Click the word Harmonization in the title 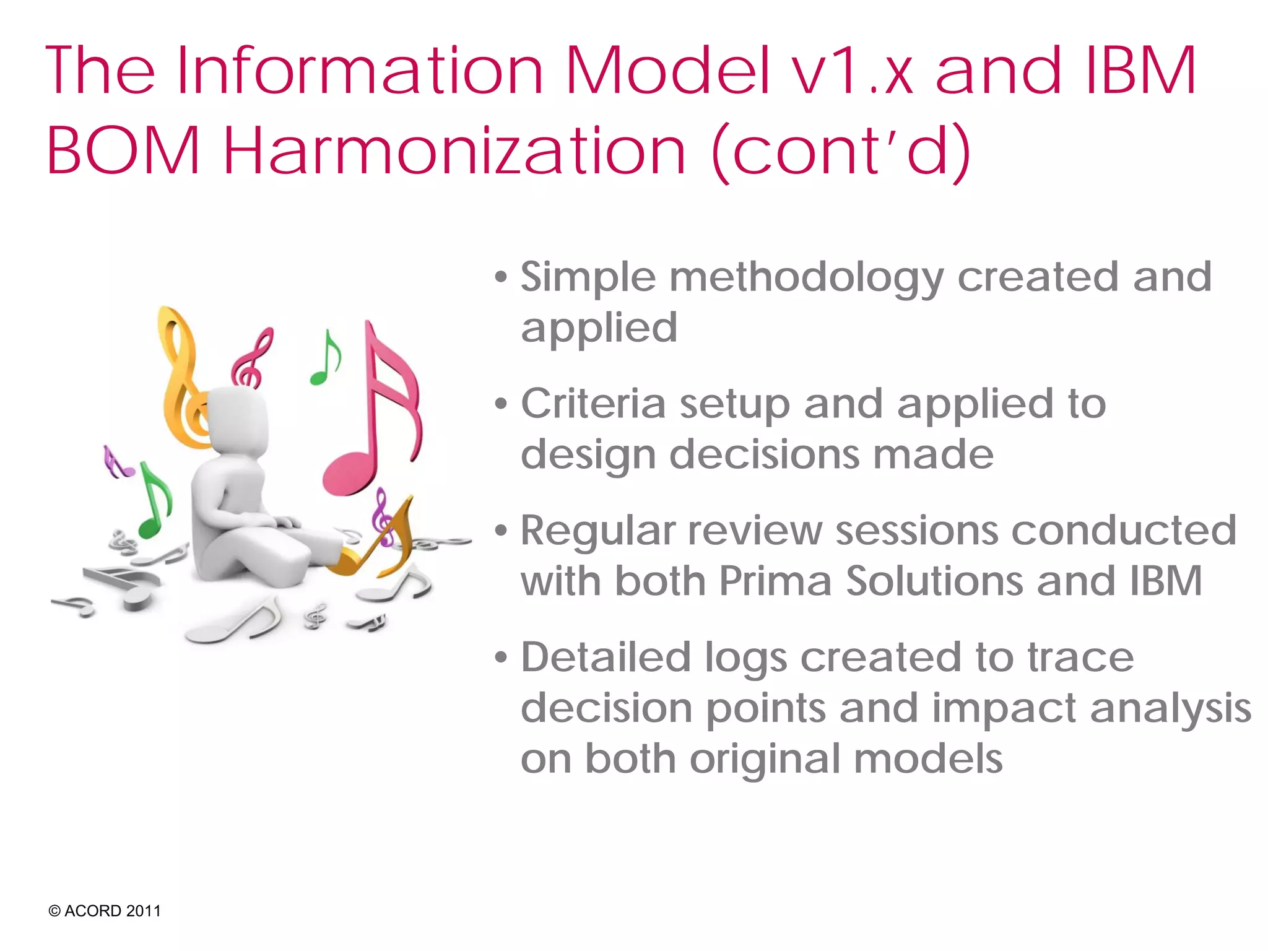click(454, 150)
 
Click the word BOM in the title click(123, 150)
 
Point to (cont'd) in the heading click(841, 150)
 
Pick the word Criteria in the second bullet click(593, 404)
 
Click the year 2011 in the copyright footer click(143, 911)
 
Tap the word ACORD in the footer click(93, 911)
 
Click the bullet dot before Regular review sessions click(501, 531)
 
